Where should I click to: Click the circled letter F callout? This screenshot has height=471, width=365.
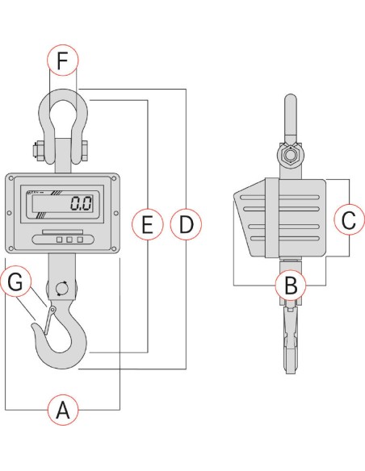[64, 60]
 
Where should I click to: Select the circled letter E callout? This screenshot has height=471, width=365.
[146, 223]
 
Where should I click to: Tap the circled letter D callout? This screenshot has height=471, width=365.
[187, 223]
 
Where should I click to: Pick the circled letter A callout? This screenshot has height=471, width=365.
[64, 411]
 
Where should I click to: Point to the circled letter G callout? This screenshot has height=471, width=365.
[18, 283]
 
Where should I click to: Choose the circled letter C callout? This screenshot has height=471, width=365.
[348, 219]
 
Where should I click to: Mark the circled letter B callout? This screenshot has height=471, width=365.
[290, 284]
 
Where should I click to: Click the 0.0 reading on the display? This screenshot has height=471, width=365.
[80, 203]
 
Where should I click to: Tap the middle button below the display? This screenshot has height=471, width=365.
[69, 240]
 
